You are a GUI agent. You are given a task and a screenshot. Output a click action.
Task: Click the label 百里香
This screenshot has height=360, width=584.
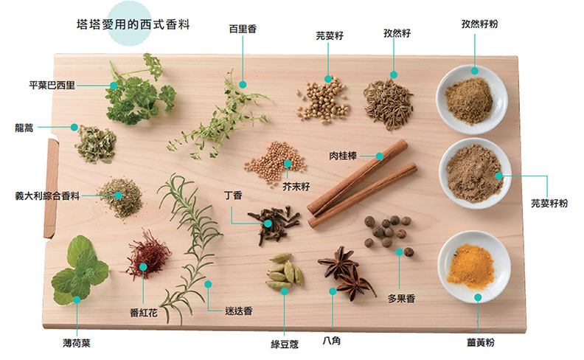pyautogui.click(x=242, y=29)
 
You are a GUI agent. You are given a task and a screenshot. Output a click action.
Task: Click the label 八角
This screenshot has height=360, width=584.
pyautogui.click(x=332, y=341)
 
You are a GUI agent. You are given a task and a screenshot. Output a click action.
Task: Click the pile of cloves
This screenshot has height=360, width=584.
pyautogui.click(x=273, y=221)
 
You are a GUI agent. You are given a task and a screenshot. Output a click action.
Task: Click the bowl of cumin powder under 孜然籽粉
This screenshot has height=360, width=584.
pyautogui.click(x=470, y=100)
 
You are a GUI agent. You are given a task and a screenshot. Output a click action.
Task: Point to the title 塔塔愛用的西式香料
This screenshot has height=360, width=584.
pyautogui.click(x=133, y=24)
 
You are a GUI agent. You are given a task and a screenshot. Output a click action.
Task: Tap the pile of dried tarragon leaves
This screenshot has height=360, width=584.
pyautogui.click(x=96, y=143)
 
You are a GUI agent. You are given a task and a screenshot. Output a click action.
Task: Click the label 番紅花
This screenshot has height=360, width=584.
pyautogui.click(x=143, y=312)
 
